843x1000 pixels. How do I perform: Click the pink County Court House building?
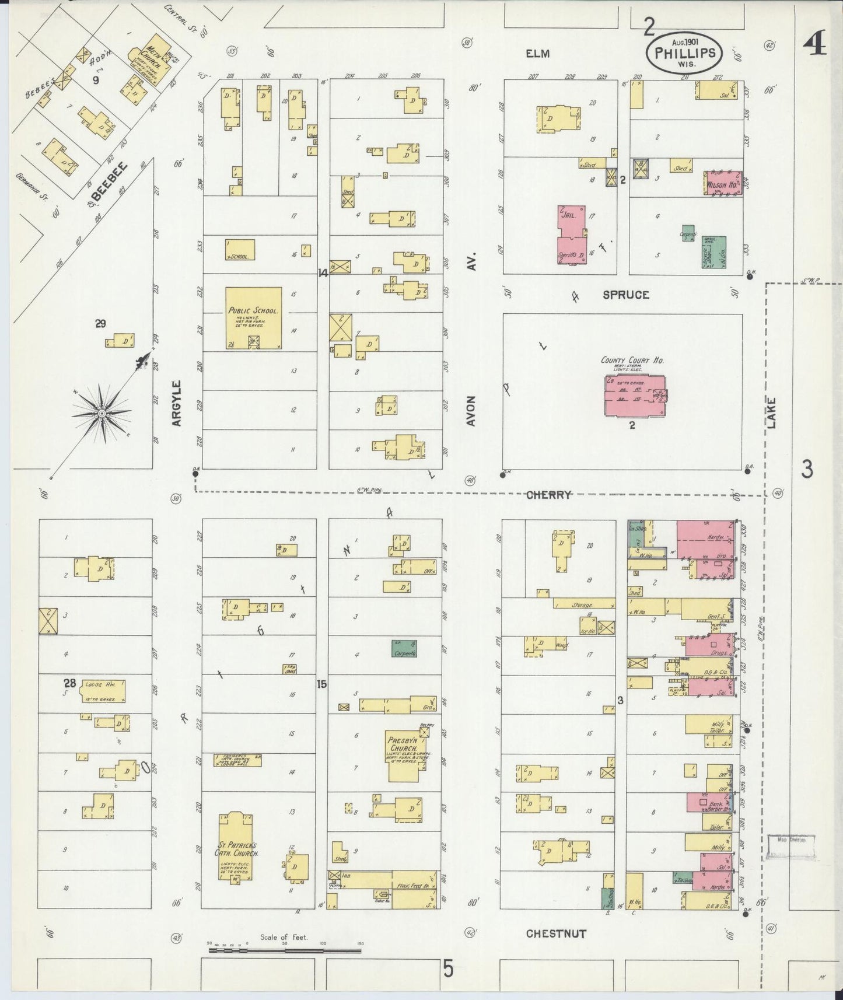pyautogui.click(x=635, y=396)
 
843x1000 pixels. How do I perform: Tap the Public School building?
pyautogui.click(x=254, y=319)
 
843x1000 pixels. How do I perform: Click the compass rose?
pyautogui.click(x=102, y=412)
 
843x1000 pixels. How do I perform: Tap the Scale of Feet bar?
pyautogui.click(x=285, y=950)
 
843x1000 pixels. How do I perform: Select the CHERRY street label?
pyautogui.click(x=548, y=495)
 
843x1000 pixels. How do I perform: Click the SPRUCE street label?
pyautogui.click(x=625, y=295)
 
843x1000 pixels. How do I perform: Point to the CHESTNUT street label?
pyautogui.click(x=556, y=933)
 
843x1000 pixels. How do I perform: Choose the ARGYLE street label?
pyautogui.click(x=177, y=403)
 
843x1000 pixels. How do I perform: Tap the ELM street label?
pyautogui.click(x=537, y=54)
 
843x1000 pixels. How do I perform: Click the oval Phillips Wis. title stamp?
pyautogui.click(x=684, y=53)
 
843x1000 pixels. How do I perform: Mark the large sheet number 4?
pyautogui.click(x=814, y=44)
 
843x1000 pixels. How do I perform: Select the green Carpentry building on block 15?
pyautogui.click(x=404, y=649)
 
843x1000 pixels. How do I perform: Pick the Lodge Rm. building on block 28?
pyautogui.click(x=102, y=691)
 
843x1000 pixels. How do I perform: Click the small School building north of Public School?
pyautogui.click(x=240, y=249)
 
